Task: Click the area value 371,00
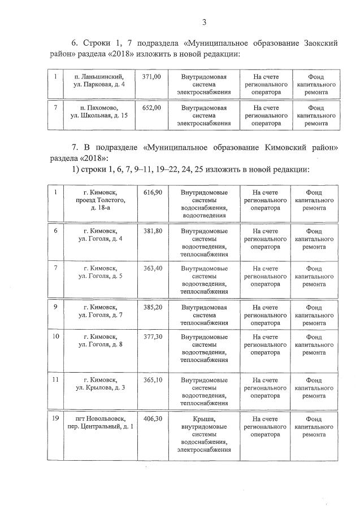coord(152,76)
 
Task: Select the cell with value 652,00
coord(152,107)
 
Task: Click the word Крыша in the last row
coord(204,419)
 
